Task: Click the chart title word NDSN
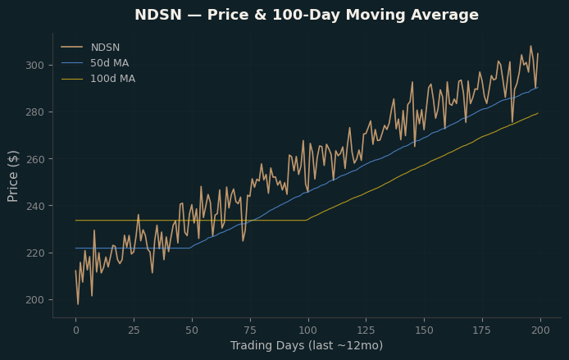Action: pyautogui.click(x=158, y=15)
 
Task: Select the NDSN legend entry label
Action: pyautogui.click(x=105, y=48)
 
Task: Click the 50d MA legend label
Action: pyautogui.click(x=110, y=63)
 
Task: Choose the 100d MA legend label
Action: pyautogui.click(x=113, y=79)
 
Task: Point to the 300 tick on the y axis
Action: pyautogui.click(x=34, y=66)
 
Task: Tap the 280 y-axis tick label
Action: pyautogui.click(x=34, y=112)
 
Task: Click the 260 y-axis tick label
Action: pyautogui.click(x=34, y=159)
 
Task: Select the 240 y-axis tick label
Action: pyautogui.click(x=34, y=206)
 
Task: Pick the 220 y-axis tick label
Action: pyautogui.click(x=34, y=253)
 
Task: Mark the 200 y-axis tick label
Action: pyautogui.click(x=34, y=300)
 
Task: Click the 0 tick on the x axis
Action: pyautogui.click(x=76, y=330)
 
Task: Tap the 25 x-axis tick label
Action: pyautogui.click(x=134, y=330)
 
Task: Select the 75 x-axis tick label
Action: pyautogui.click(x=250, y=330)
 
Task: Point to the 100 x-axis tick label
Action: pyautogui.click(x=308, y=330)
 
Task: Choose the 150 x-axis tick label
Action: pyautogui.click(x=424, y=330)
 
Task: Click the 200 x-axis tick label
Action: pyautogui.click(x=540, y=330)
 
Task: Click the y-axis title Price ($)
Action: pyautogui.click(x=12, y=176)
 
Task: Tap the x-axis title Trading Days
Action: pyautogui.click(x=267, y=345)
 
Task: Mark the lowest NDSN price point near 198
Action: pyautogui.click(x=78, y=304)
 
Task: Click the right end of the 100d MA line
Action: pyautogui.click(x=538, y=113)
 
